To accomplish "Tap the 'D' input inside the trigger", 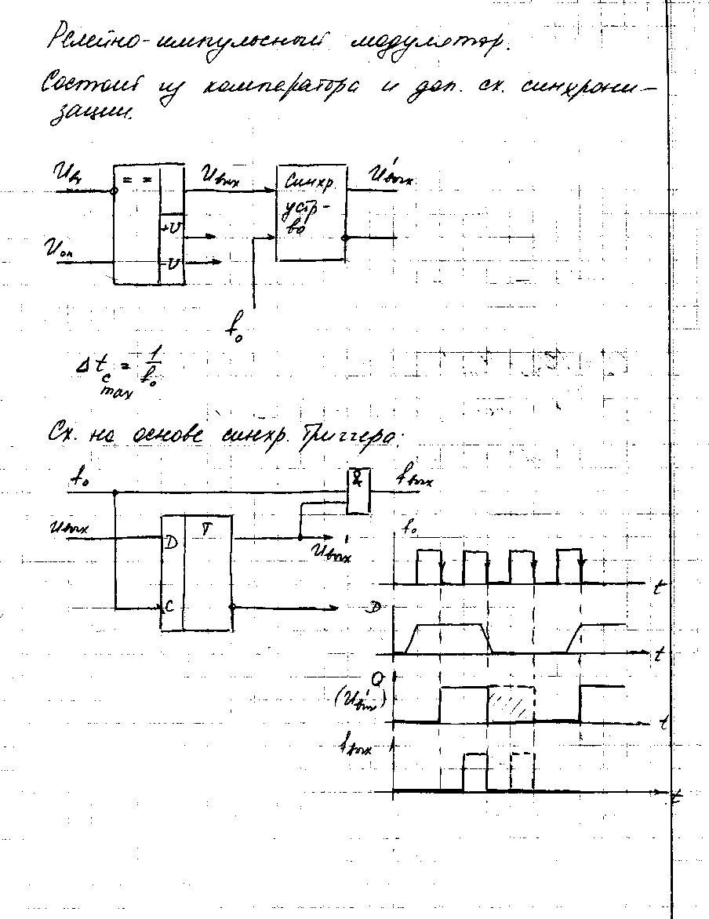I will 168,542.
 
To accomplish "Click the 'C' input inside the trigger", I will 169,605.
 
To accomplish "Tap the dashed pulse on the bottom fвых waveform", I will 522,773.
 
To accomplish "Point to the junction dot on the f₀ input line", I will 115,493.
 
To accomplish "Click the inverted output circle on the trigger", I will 235,608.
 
